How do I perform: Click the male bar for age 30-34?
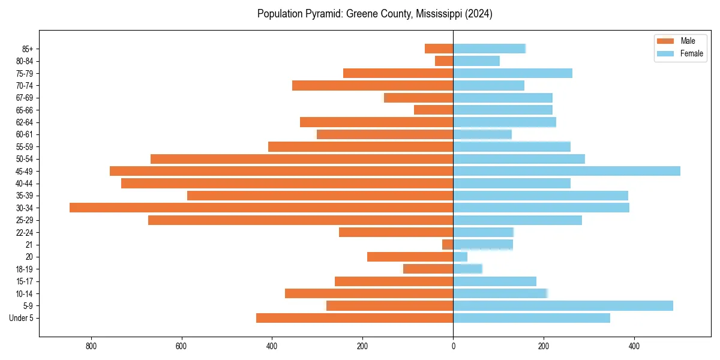tap(261, 208)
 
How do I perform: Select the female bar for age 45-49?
tap(566, 171)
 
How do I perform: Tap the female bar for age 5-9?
tap(563, 306)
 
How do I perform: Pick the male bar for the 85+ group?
tap(439, 49)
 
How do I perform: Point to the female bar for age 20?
tap(460, 257)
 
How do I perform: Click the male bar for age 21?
tap(448, 245)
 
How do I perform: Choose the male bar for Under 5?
tap(355, 318)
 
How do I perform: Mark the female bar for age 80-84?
tap(476, 61)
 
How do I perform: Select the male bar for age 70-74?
tap(373, 86)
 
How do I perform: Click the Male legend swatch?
tap(666, 41)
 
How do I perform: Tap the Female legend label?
tap(692, 53)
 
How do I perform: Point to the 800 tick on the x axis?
tap(91, 346)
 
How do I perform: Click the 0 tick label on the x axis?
tap(453, 346)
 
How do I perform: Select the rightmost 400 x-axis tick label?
tap(634, 346)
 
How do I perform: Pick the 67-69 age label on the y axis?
tap(25, 98)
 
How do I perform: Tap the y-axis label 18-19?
tap(25, 269)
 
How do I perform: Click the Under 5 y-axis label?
tap(21, 318)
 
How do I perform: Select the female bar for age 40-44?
tap(512, 183)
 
